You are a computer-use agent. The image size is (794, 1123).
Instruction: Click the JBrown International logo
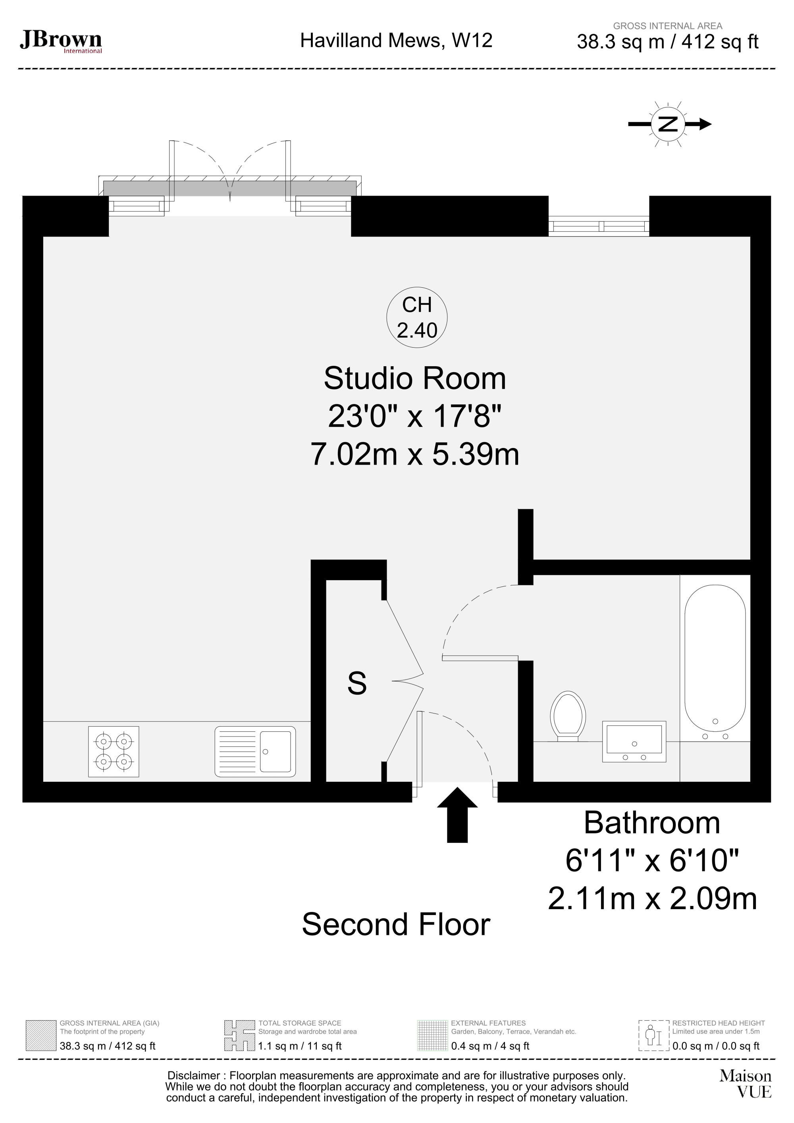[61, 42]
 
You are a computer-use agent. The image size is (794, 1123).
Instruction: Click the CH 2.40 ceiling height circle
[417, 317]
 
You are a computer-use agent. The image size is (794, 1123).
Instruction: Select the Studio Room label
[415, 379]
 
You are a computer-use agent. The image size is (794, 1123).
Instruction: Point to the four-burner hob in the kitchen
[114, 752]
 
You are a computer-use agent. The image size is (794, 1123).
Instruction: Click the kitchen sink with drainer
[255, 752]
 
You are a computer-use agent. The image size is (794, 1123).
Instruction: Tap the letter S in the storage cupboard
[357, 683]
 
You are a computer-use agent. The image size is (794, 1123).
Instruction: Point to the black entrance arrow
[457, 815]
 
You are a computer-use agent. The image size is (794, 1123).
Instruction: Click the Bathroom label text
[652, 823]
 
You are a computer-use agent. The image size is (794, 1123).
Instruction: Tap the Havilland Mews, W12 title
[396, 40]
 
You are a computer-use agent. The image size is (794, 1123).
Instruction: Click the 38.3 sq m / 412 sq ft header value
[668, 42]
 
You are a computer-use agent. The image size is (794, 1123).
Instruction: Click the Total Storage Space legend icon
[240, 1035]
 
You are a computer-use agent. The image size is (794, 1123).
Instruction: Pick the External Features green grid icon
[432, 1035]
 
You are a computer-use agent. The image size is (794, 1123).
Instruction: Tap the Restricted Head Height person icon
[653, 1035]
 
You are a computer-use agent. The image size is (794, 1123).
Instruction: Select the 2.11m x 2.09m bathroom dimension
[653, 898]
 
